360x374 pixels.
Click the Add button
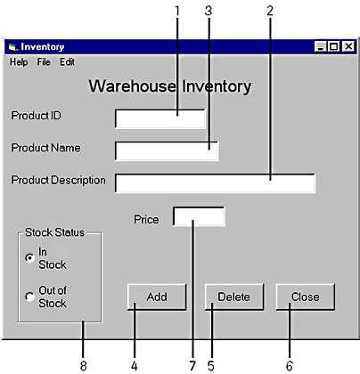157,297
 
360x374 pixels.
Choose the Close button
306,297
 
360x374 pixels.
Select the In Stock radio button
29,257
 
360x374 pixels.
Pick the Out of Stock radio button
29,297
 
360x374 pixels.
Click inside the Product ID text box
160,119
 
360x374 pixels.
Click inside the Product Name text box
167,151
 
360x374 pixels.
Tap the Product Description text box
215,183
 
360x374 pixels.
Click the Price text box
199,216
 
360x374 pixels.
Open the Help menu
19,62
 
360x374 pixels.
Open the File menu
44,62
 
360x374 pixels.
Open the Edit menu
67,62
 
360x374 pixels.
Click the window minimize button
321,46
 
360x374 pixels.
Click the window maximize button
333,46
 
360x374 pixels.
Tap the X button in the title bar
348,46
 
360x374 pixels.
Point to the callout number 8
84,366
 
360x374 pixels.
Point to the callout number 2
270,11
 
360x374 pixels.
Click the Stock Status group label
54,232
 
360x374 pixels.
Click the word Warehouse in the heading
132,86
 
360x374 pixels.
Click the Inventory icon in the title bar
12,47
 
